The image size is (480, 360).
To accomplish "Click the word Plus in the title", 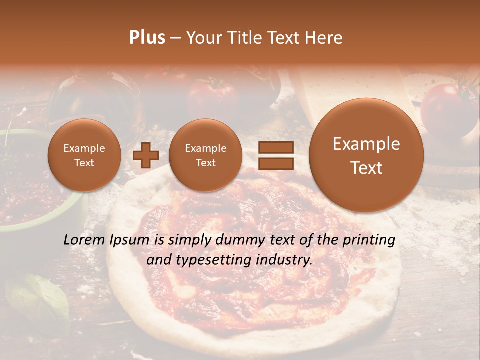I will (147, 38).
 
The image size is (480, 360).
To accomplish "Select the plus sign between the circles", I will (146, 155).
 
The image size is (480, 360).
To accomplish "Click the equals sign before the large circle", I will (276, 155).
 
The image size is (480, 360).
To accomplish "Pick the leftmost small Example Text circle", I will (84, 155).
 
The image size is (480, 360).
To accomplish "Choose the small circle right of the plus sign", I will (205, 155).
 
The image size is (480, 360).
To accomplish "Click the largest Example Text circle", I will (366, 155).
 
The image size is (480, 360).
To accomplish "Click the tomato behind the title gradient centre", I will (212, 95).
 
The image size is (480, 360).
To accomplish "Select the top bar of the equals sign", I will (276, 147).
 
